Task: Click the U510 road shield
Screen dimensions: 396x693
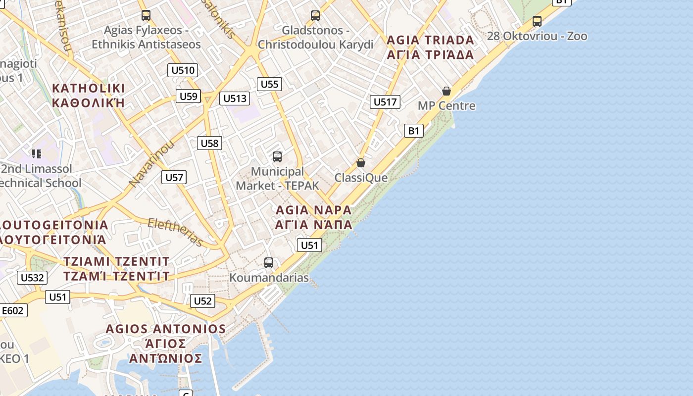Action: (x=183, y=70)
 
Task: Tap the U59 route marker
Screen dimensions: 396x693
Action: (x=188, y=96)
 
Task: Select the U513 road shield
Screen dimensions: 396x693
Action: (x=235, y=99)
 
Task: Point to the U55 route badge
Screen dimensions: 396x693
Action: (x=269, y=84)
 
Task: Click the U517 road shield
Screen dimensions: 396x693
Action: (x=385, y=102)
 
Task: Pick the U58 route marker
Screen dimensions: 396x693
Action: (x=209, y=144)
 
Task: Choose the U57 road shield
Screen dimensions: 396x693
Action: (x=174, y=177)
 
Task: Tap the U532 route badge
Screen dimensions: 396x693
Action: (x=32, y=278)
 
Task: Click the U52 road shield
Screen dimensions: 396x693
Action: (x=202, y=301)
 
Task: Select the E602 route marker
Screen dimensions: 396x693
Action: (x=12, y=310)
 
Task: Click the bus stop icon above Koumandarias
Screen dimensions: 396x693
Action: (x=269, y=263)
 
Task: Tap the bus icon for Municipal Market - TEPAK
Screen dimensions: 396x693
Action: (x=277, y=157)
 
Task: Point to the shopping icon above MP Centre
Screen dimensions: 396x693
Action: (x=446, y=91)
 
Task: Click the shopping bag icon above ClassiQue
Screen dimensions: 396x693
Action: (x=361, y=163)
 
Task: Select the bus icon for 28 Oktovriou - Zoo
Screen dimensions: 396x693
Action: (x=537, y=21)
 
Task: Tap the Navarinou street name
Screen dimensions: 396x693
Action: (x=152, y=164)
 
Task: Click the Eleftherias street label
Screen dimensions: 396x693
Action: (x=176, y=232)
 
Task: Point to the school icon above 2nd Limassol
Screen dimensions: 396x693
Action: (x=36, y=154)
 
